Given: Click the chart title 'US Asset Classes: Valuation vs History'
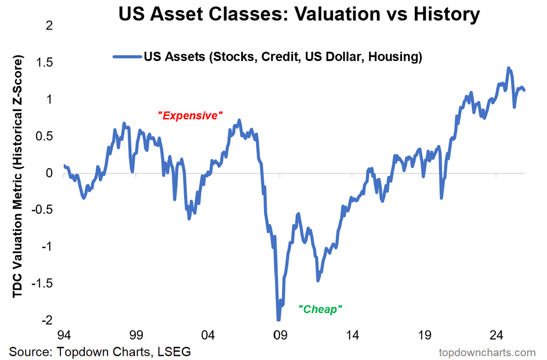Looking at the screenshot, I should click(x=299, y=15).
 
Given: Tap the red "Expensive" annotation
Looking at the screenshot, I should click(x=190, y=116).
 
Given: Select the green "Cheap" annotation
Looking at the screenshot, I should click(x=320, y=309).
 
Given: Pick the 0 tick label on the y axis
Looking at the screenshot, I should click(x=50, y=173).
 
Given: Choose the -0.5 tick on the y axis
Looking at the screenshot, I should click(x=43, y=210).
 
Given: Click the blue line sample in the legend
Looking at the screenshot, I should click(x=127, y=57).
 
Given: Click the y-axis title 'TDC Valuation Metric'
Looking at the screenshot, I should click(x=17, y=178).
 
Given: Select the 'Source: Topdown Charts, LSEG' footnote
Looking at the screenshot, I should click(x=100, y=352).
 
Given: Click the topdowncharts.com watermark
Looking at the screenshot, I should click(x=487, y=352).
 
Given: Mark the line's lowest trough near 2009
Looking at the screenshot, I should click(x=278, y=319).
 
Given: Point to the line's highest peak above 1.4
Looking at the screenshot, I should click(x=508, y=68).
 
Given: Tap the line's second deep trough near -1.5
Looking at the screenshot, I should click(x=318, y=280).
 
